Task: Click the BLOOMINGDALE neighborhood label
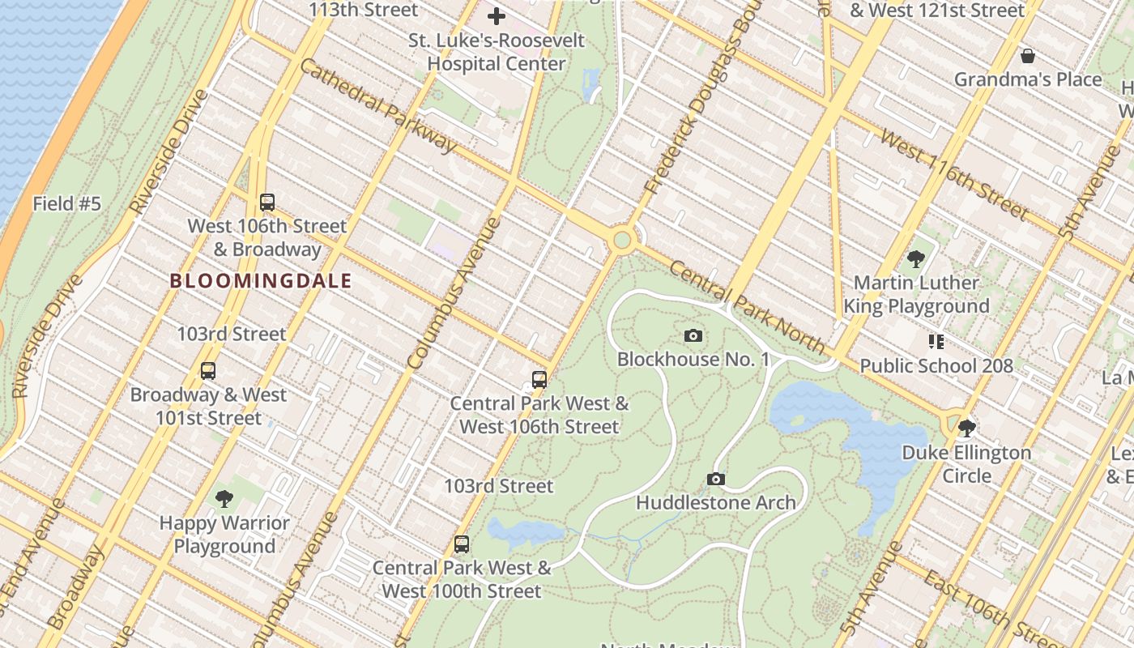pyautogui.click(x=261, y=282)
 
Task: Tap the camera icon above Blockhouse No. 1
pyautogui.click(x=693, y=335)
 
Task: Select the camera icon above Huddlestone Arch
pyautogui.click(x=715, y=480)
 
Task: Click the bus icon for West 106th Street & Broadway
pyautogui.click(x=267, y=202)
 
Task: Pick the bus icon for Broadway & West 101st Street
pyautogui.click(x=208, y=371)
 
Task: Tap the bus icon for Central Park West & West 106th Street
pyautogui.click(x=539, y=379)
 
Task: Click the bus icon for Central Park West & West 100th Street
pyautogui.click(x=462, y=544)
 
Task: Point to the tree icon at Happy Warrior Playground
pyautogui.click(x=224, y=499)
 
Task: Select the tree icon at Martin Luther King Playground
pyautogui.click(x=916, y=259)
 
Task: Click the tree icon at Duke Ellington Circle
pyautogui.click(x=966, y=428)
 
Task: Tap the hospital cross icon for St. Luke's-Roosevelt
pyautogui.click(x=497, y=15)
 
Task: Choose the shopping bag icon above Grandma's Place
pyautogui.click(x=1027, y=56)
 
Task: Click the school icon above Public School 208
pyautogui.click(x=936, y=342)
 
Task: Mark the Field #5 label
pyautogui.click(x=66, y=204)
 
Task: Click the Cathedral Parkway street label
pyautogui.click(x=377, y=105)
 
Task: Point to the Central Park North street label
pyautogui.click(x=746, y=308)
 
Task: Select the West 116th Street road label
pyautogui.click(x=954, y=175)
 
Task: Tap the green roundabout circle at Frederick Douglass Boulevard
pyautogui.click(x=621, y=240)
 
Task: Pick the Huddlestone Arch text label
pyautogui.click(x=715, y=503)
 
